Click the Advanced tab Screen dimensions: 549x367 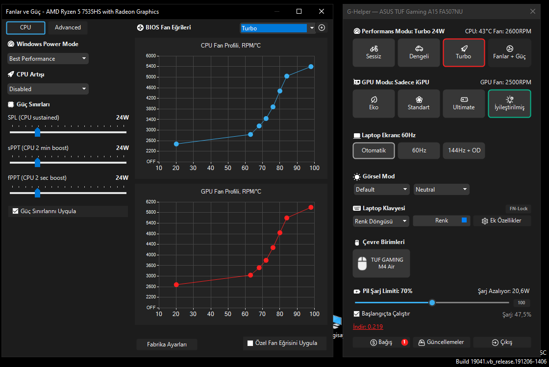(x=68, y=27)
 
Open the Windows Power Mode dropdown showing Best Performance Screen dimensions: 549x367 (x=48, y=58)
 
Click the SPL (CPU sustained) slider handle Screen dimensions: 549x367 (x=37, y=132)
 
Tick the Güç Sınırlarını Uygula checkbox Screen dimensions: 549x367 (x=15, y=211)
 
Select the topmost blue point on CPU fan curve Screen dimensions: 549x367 (x=311, y=67)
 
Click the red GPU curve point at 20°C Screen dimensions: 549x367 (x=176, y=285)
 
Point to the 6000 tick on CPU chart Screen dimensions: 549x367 (x=151, y=56)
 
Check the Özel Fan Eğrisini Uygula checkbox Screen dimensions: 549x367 (x=250, y=343)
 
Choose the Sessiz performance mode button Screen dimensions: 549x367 (x=374, y=52)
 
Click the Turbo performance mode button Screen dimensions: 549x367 (x=464, y=52)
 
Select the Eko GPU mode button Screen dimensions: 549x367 (x=374, y=103)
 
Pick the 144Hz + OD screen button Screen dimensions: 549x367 (x=464, y=150)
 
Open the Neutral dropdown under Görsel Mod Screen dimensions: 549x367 (x=441, y=189)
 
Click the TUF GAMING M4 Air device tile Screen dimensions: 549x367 (x=381, y=263)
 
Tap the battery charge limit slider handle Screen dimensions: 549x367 (x=432, y=302)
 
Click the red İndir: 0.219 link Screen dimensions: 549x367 (x=368, y=327)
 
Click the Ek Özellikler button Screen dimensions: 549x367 (x=502, y=221)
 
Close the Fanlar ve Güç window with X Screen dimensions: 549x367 (x=322, y=12)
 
